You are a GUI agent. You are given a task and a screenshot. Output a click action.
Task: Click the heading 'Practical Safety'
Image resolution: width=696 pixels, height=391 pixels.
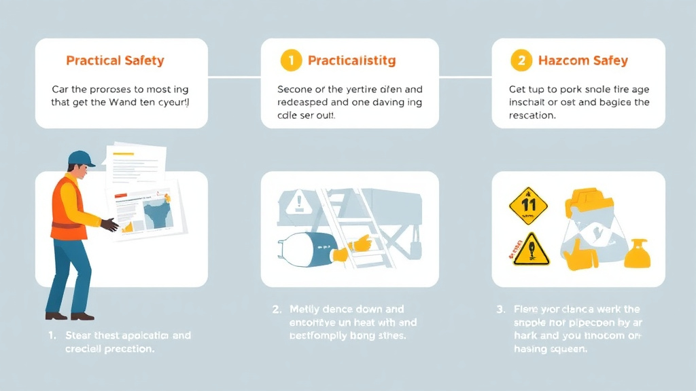click(x=115, y=60)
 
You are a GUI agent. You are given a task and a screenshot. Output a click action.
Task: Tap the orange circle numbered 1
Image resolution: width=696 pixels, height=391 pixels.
click(x=290, y=60)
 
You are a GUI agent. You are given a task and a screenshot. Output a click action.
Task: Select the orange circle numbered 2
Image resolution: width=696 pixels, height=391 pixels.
click(x=521, y=60)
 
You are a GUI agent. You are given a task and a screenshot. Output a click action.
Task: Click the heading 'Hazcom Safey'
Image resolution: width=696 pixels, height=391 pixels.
click(x=582, y=60)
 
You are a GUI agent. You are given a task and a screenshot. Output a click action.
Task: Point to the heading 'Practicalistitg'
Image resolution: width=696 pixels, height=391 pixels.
click(x=351, y=60)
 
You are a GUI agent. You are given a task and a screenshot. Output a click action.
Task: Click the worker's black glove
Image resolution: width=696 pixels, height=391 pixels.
click(x=109, y=225)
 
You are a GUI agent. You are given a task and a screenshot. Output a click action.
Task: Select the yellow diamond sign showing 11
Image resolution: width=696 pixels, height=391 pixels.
click(x=528, y=205)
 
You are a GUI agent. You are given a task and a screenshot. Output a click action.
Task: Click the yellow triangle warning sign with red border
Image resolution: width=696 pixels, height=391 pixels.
click(x=532, y=250)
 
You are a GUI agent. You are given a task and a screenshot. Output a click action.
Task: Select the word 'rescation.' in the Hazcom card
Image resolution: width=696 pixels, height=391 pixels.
click(x=533, y=115)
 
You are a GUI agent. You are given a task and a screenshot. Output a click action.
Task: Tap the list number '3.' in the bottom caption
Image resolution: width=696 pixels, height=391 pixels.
click(x=501, y=310)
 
